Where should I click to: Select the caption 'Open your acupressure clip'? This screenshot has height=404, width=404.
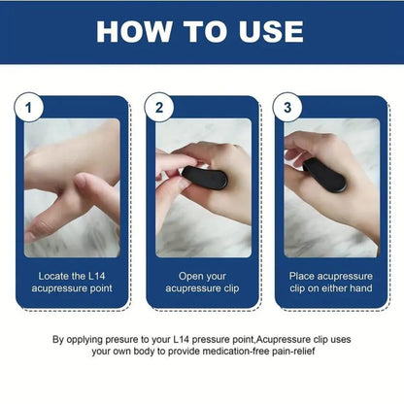pyautogui.click(x=202, y=283)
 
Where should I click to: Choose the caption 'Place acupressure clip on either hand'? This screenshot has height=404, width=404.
pyautogui.click(x=330, y=283)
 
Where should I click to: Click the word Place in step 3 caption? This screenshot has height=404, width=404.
pyautogui.click(x=305, y=276)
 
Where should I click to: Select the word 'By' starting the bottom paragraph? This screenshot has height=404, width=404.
pyautogui.click(x=60, y=339)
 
